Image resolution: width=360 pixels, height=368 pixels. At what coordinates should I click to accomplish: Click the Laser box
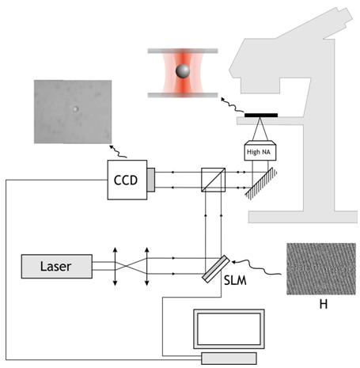tap(57, 266)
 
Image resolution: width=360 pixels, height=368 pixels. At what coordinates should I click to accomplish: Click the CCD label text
tap(126, 180)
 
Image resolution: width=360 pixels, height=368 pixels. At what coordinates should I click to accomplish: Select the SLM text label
tap(235, 280)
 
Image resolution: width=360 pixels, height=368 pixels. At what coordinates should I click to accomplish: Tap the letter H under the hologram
tap(324, 304)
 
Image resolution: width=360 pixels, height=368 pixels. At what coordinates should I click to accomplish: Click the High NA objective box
tap(260, 150)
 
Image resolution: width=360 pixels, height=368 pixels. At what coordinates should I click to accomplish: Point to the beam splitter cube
tap(213, 180)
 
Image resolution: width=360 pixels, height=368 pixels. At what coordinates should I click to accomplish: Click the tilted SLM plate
tap(215, 269)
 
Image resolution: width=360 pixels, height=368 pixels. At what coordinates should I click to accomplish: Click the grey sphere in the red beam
tap(183, 70)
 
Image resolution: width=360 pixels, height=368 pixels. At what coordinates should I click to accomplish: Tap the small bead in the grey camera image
tap(76, 108)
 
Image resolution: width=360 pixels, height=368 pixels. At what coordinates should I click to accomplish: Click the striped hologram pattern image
tap(321, 269)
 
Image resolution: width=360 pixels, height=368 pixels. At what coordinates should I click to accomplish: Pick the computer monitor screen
tap(229, 329)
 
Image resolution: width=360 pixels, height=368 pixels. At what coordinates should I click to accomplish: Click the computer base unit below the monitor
tap(229, 359)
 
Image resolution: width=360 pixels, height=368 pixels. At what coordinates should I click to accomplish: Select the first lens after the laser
tap(115, 267)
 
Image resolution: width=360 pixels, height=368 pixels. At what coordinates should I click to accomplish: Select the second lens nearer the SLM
tap(147, 267)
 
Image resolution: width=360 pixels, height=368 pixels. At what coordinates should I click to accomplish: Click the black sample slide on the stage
tap(261, 116)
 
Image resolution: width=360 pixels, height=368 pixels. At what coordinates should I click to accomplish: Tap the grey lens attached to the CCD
tap(151, 180)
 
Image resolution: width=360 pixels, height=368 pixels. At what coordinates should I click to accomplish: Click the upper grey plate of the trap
tap(183, 51)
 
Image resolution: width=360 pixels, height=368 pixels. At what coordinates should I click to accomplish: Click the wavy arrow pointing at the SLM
tap(256, 267)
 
